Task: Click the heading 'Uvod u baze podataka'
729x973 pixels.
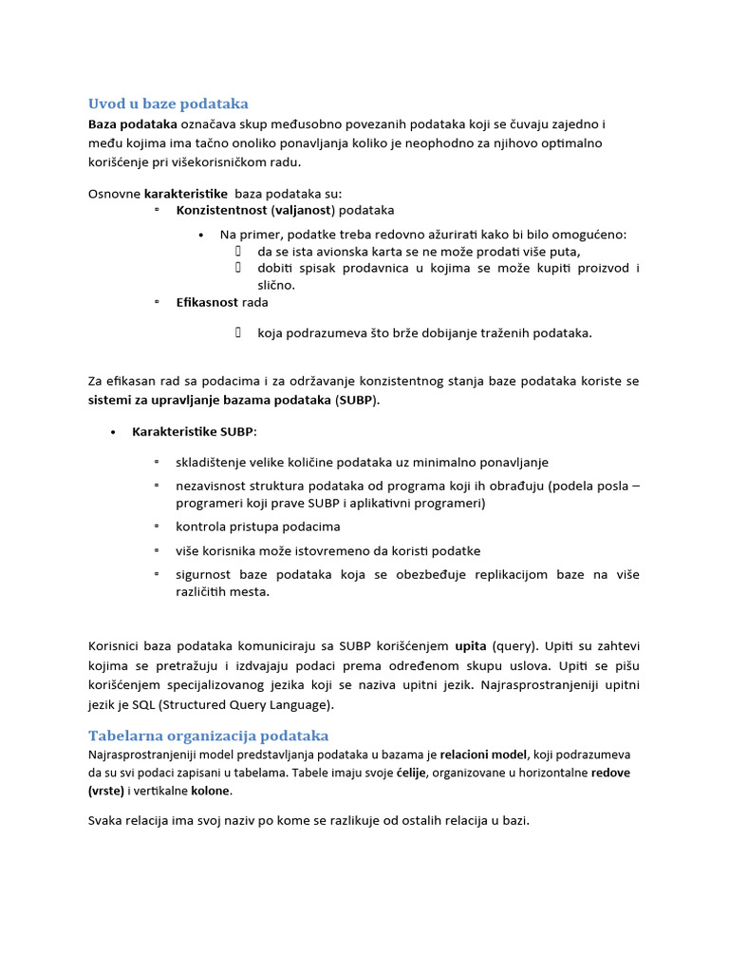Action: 168,104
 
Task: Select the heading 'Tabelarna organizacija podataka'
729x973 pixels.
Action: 208,735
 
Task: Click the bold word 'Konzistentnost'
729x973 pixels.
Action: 221,210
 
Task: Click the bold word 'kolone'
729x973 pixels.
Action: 211,791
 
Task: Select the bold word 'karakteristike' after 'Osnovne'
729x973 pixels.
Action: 186,194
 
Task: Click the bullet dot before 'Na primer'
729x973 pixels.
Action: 202,235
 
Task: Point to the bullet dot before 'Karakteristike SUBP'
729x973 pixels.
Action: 113,432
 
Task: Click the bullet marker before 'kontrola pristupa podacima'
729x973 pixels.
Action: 156,525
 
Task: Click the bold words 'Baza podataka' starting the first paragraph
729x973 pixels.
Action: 133,124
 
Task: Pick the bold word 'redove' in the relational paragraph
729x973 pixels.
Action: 611,773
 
